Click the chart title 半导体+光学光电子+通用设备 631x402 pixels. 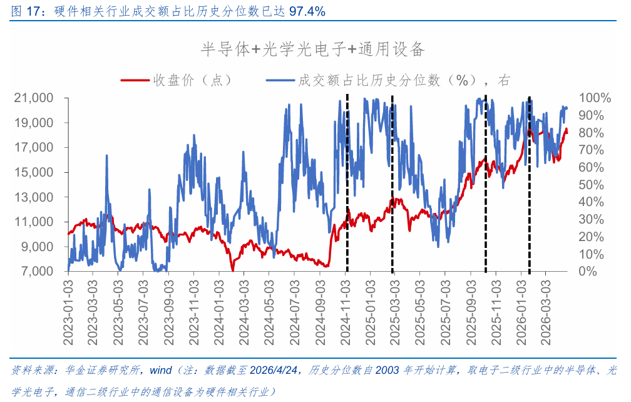pyautogui.click(x=312, y=49)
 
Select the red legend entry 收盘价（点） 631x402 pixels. pyautogui.click(x=176, y=80)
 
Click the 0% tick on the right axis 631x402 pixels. pyautogui.click(x=588, y=271)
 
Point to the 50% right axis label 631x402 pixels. pyautogui.click(x=592, y=185)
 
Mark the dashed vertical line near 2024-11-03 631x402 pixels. pyautogui.click(x=347, y=188)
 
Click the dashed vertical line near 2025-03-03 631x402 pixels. pyautogui.click(x=392, y=188)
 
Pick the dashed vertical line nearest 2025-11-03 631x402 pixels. pyautogui.click(x=486, y=188)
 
